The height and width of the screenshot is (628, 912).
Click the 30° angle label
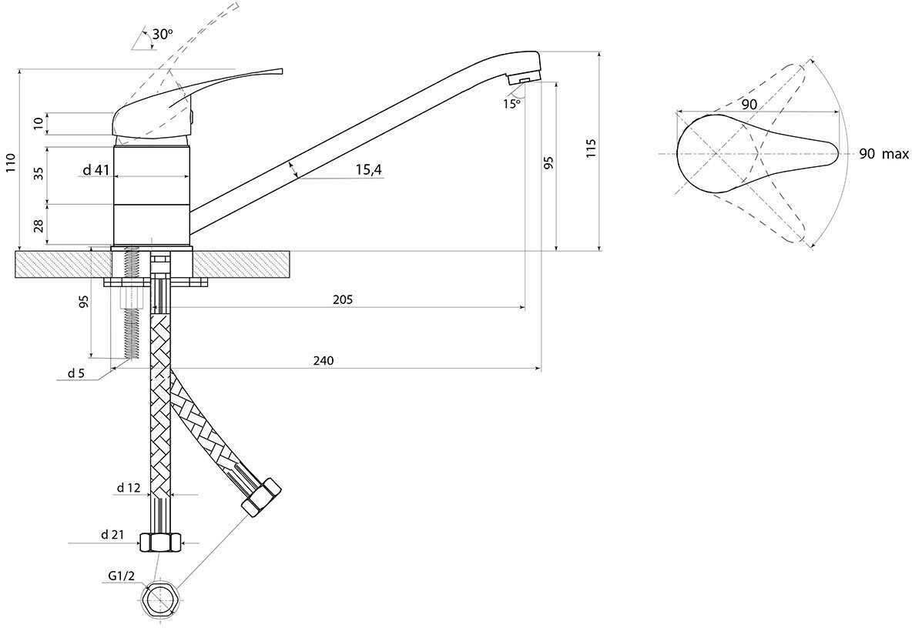163,35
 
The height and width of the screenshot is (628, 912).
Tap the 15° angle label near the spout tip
511,104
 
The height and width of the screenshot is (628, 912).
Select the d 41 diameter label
96,169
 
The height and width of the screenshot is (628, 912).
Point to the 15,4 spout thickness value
368,169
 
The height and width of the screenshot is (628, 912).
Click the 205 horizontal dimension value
343,300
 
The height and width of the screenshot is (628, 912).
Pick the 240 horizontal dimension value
324,361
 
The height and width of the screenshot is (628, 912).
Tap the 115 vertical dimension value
592,149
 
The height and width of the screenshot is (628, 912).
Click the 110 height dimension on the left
11,163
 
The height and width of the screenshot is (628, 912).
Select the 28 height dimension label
39,225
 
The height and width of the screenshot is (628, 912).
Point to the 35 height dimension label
39,173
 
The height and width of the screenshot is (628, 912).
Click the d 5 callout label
76,373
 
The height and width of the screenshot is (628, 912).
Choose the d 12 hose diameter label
129,488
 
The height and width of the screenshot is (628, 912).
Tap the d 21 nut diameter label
112,535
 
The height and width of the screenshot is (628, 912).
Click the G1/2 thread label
121,576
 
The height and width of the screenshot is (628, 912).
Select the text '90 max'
883,154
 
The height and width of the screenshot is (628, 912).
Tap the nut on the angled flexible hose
260,497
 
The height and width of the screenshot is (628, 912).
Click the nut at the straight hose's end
160,543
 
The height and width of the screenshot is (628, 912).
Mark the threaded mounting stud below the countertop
132,303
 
